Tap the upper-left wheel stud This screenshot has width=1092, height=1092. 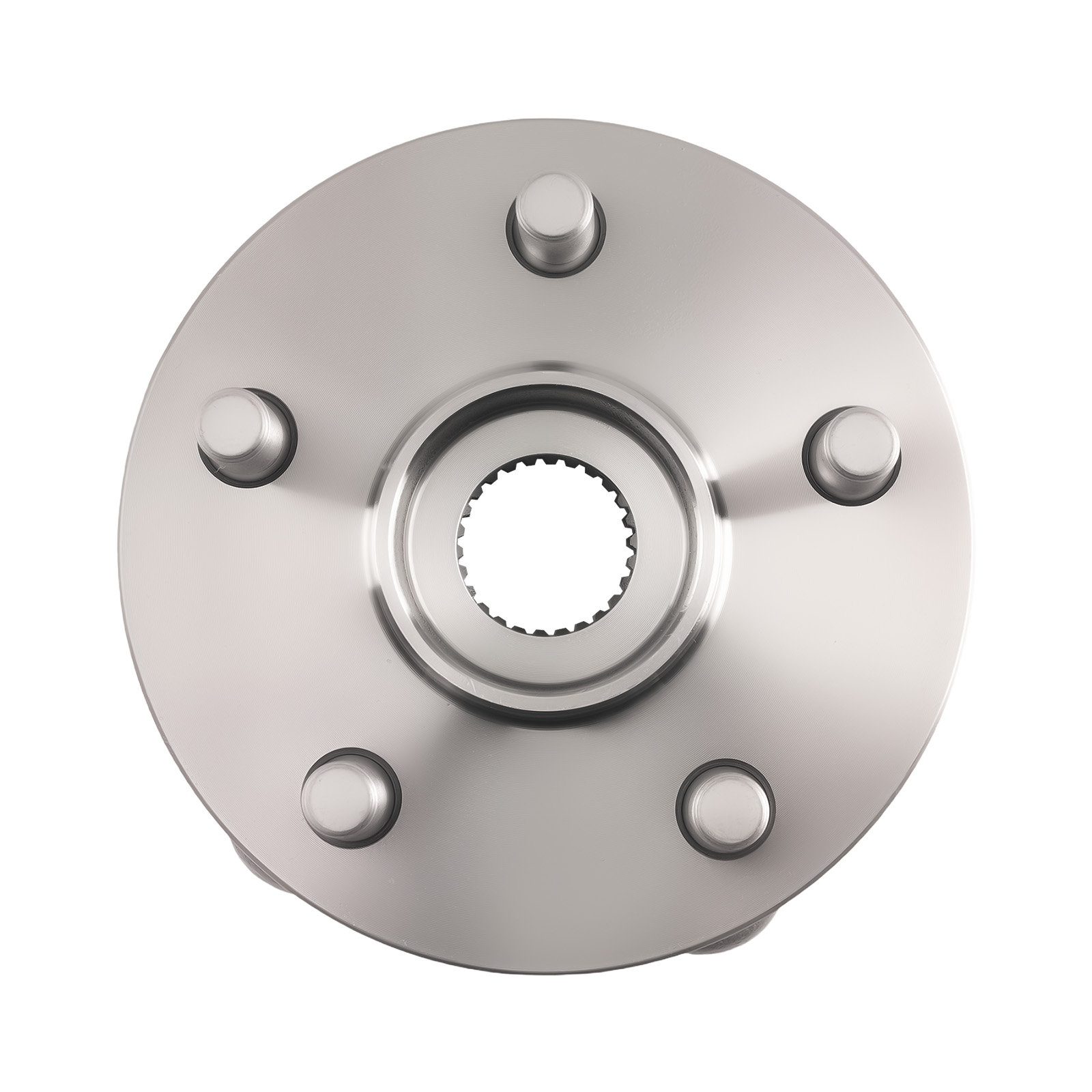point(242,430)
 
